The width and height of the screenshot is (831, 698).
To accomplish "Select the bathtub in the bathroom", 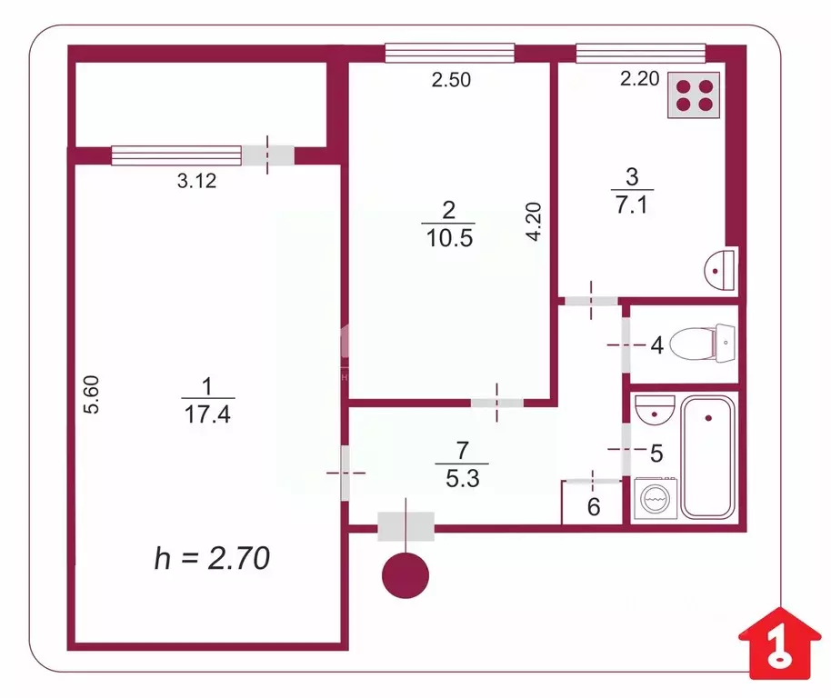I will [709, 457].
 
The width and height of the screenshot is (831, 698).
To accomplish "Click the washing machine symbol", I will [656, 499].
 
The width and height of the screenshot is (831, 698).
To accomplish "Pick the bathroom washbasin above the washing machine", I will [651, 410].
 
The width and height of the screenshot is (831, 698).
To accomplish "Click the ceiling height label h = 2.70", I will [211, 558].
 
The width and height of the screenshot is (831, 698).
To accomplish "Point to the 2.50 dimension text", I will [451, 80].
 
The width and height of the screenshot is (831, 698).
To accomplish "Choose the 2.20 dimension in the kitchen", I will [639, 80].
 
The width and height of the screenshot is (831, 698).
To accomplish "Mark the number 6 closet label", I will [594, 507].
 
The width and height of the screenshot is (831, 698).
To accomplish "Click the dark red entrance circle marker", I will [405, 575].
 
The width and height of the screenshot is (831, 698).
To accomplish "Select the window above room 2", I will [449, 54].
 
